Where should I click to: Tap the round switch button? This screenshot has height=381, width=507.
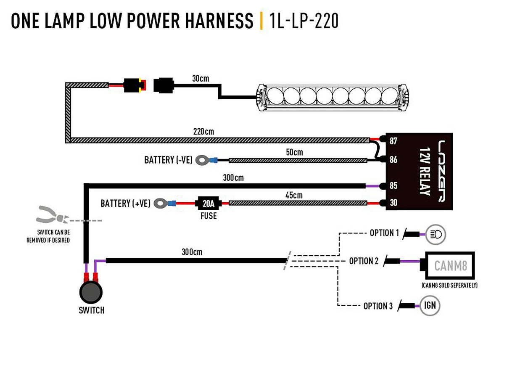coord(91,292)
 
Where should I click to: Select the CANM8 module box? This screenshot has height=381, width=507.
coord(450,266)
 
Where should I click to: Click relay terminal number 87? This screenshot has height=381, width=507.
coord(393,141)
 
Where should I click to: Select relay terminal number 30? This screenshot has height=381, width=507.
coord(393,203)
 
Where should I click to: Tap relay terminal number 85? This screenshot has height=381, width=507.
coord(393,185)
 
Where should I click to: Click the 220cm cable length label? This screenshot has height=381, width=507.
coord(203,132)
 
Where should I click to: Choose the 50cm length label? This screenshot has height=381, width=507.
coord(294,152)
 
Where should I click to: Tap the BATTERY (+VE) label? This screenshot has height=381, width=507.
coord(125,204)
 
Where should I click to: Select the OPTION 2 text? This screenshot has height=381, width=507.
coord(364,261)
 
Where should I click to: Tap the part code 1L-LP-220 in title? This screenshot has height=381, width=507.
coord(304,21)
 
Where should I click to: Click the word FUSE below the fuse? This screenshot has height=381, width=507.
coord(209,216)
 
